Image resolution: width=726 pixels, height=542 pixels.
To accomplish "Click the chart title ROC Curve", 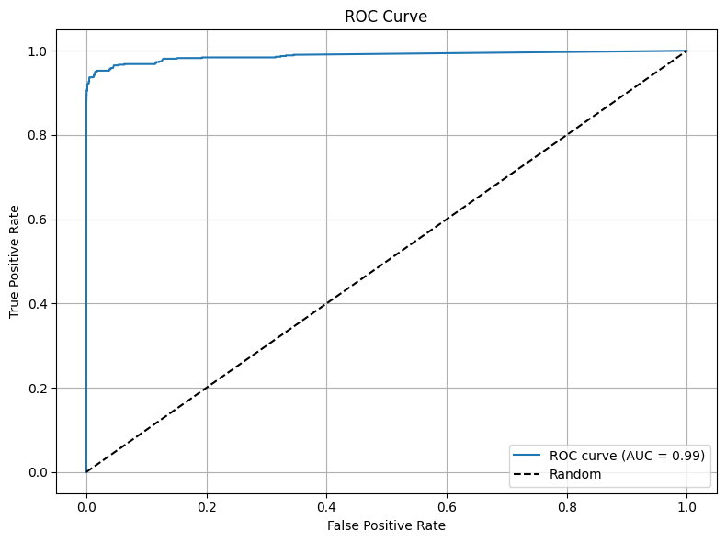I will point(386,17).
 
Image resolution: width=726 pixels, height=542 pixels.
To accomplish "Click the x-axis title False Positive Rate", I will point(386,525).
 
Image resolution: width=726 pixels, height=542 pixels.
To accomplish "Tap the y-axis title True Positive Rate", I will point(16,261).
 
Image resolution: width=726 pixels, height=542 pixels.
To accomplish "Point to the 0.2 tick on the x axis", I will point(207,507).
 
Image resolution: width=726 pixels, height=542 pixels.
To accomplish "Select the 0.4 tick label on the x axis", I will point(326,507).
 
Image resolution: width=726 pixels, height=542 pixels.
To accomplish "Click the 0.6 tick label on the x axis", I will point(447,507).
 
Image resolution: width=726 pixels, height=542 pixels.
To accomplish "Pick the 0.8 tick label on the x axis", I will point(567,507).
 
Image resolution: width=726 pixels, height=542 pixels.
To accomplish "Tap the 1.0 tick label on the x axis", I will point(686,507).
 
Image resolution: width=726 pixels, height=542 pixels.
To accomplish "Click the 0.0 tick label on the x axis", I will point(86,507).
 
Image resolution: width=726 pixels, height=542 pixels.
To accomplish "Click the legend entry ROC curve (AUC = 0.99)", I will point(627,456).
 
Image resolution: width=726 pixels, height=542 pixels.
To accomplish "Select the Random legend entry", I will point(575,474).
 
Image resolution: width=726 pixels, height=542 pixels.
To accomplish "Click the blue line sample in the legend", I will point(529,456).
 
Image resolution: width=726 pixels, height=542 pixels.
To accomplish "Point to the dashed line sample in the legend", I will point(529,474).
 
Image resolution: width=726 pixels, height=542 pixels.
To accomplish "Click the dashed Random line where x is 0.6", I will point(447,220).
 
